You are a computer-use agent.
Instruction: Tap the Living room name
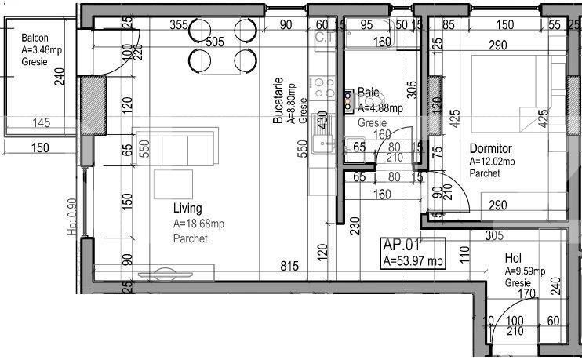click(x=187, y=209)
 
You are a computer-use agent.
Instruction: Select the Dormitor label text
click(x=490, y=148)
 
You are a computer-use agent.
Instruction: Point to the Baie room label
click(x=369, y=93)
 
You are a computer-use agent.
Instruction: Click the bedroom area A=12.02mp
click(x=493, y=162)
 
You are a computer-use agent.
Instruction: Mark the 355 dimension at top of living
click(x=178, y=24)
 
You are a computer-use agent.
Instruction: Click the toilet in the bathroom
click(x=348, y=98)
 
